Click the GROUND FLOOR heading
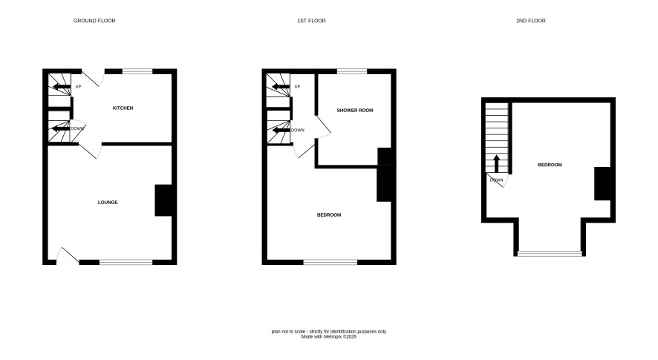point(94,21)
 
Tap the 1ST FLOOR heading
point(311,21)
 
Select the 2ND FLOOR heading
point(531,21)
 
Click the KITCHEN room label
point(123,108)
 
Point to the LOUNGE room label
point(108,202)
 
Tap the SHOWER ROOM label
point(355,111)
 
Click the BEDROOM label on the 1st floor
point(329,215)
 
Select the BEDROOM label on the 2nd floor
point(550,165)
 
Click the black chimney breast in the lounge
point(163,200)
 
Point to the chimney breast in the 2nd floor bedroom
point(602,184)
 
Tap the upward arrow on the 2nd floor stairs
point(496,163)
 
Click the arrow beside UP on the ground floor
point(61,88)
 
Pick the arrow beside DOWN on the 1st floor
point(281,130)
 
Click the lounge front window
point(126,262)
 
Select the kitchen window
point(137,71)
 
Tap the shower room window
point(352,71)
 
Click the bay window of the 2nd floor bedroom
point(550,253)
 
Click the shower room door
point(323,127)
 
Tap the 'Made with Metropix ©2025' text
point(329,336)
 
